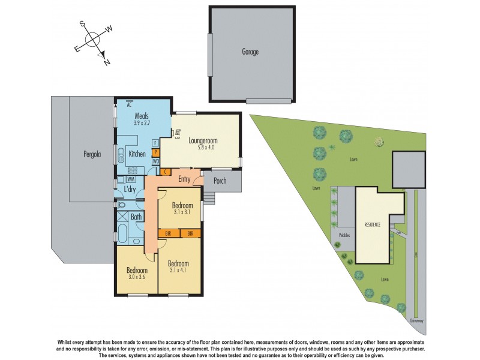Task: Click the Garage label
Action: (x=250, y=52)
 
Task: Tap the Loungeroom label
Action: (x=202, y=141)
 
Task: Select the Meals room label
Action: (x=142, y=116)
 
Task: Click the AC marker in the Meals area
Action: (x=129, y=104)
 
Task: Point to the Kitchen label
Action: (x=137, y=154)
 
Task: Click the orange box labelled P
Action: (x=155, y=152)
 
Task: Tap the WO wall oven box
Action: (x=155, y=161)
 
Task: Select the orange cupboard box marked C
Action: (x=164, y=172)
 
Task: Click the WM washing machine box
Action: (x=130, y=179)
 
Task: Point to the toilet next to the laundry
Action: (x=121, y=205)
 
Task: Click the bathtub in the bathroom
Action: (x=122, y=232)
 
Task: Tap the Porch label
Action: (x=220, y=179)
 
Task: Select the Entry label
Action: (x=184, y=179)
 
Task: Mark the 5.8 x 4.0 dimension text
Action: (x=202, y=149)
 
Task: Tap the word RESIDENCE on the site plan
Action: (x=373, y=224)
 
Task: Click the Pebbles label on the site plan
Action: (x=344, y=236)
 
